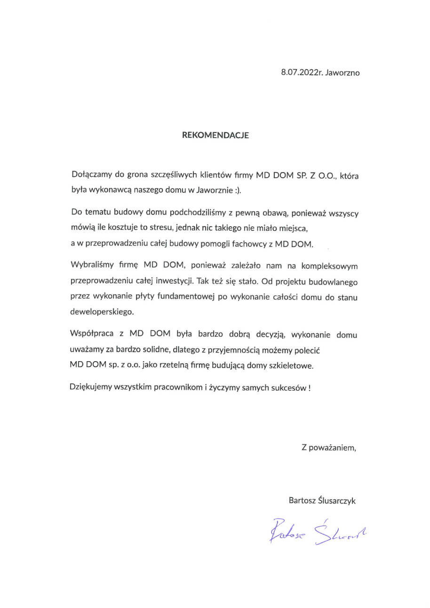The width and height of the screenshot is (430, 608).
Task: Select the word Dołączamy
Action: pyautogui.click(x=89, y=174)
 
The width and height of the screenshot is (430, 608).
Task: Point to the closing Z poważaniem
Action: pyautogui.click(x=329, y=448)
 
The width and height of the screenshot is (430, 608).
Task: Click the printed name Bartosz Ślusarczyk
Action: pyautogui.click(x=322, y=501)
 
